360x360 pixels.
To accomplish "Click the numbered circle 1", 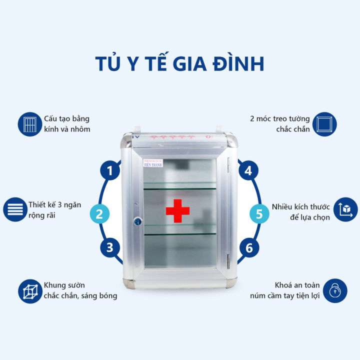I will (x=110, y=170).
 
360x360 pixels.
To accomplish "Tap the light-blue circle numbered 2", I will (x=99, y=214).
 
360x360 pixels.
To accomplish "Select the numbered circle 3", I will (x=110, y=247).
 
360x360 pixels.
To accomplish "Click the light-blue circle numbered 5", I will (x=259, y=214).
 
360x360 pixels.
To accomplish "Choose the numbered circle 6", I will (x=248, y=247).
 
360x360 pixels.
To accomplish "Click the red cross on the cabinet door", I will (x=178, y=210).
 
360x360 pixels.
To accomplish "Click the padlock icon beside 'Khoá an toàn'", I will (x=334, y=290).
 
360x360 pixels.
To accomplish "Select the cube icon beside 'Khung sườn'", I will (x=29, y=291).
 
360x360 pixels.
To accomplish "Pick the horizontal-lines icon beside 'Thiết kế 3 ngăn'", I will (x=15, y=209).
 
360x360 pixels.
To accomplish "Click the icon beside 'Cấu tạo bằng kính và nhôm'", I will (x=29, y=124).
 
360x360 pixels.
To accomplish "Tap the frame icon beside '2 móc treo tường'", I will (x=324, y=124).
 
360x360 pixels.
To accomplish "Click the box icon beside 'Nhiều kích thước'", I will (x=345, y=209).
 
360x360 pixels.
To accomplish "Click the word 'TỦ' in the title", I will (x=107, y=64).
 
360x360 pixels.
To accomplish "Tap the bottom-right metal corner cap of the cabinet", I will (x=231, y=283).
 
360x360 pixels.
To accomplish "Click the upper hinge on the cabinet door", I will (x=228, y=162).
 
